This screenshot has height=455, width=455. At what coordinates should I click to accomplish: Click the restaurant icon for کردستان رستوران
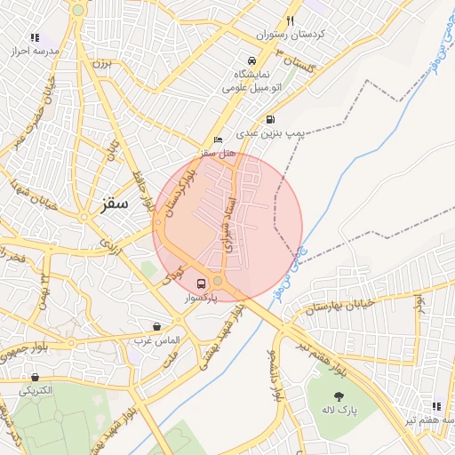click(x=290, y=21)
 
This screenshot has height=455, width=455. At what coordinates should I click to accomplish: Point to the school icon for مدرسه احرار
click(x=36, y=38)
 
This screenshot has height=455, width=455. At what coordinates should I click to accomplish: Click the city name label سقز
click(x=108, y=204)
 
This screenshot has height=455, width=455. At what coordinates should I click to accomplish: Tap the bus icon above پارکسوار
click(x=202, y=283)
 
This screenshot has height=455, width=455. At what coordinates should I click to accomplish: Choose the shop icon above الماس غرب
click(x=157, y=327)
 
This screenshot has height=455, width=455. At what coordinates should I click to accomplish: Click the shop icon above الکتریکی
click(x=35, y=377)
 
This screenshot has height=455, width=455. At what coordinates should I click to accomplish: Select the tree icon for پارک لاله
click(x=338, y=396)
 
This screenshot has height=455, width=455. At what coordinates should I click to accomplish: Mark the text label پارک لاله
click(x=338, y=411)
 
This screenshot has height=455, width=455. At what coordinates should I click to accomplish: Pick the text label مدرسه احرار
click(x=36, y=52)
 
